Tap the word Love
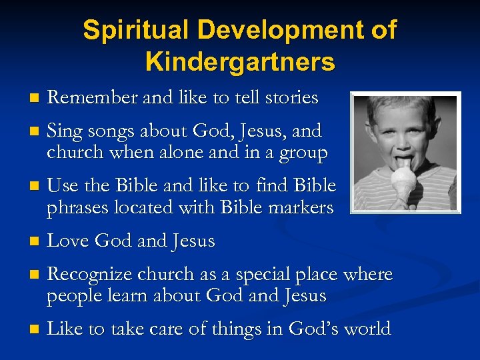click(x=69, y=240)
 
